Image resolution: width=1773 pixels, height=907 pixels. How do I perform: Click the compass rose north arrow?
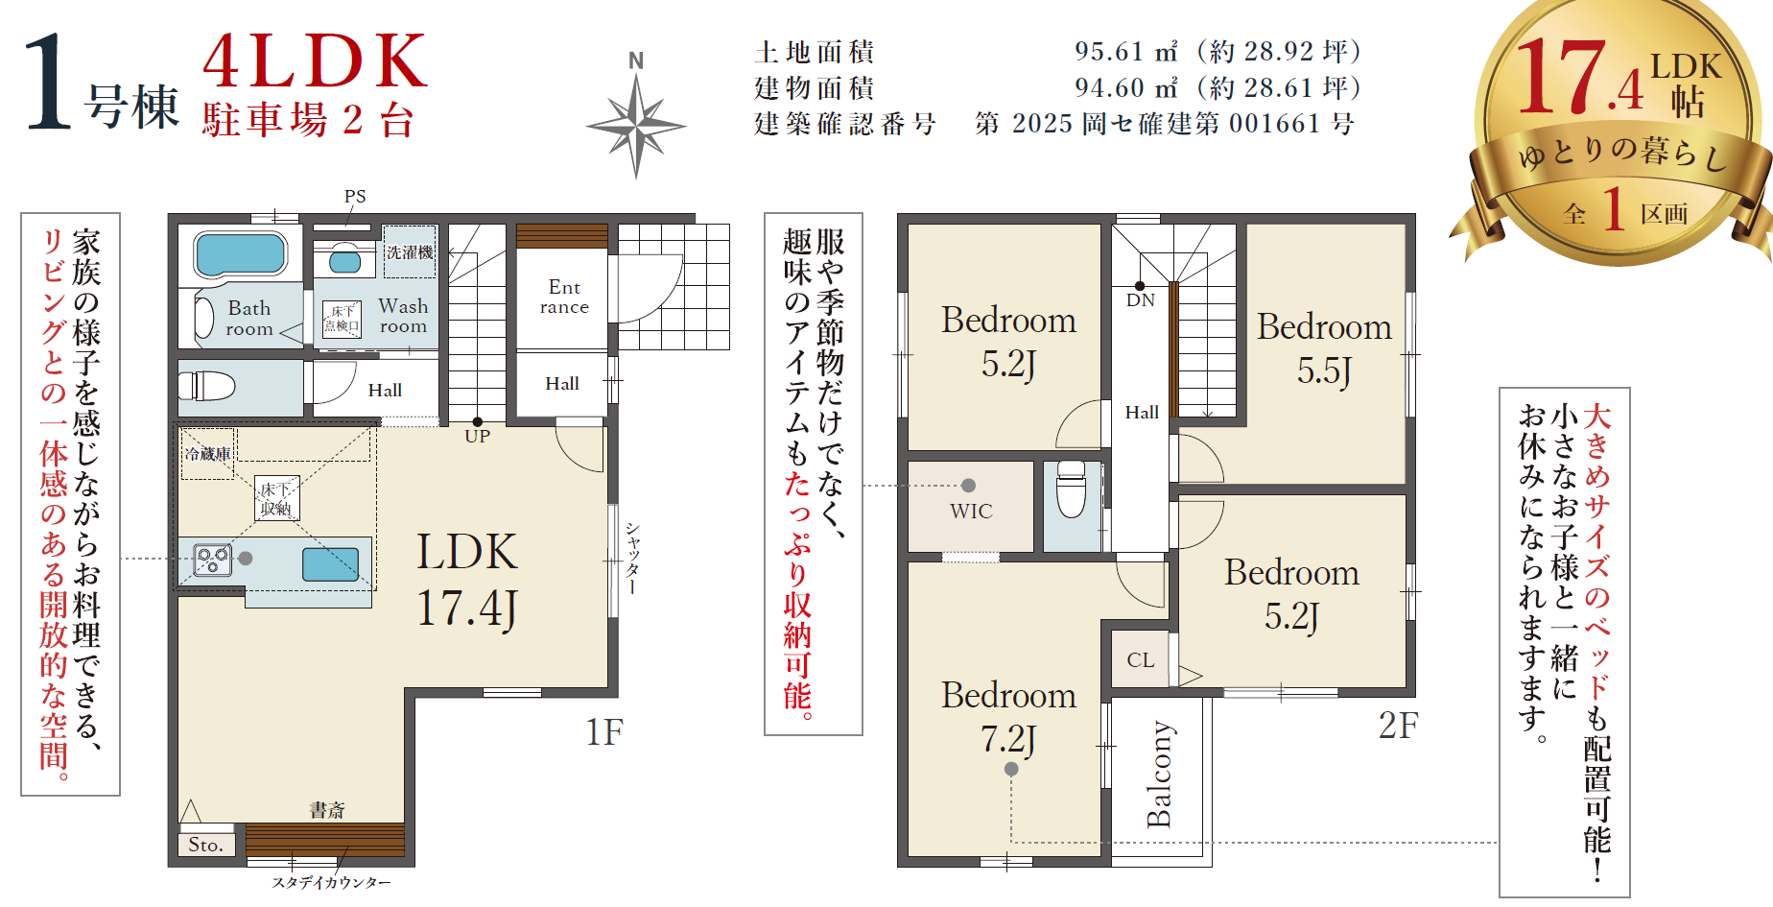tap(635, 115)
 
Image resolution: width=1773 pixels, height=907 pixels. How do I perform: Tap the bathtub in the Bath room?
tap(240, 255)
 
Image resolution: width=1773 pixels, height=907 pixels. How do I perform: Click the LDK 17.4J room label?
tap(467, 581)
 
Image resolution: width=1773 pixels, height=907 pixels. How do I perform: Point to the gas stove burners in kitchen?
tap(212, 560)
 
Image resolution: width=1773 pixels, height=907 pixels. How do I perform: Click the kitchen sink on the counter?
tap(331, 564)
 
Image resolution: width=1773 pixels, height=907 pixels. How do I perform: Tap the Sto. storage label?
tap(205, 845)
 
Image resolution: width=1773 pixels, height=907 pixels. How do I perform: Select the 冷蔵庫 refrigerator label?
tap(208, 454)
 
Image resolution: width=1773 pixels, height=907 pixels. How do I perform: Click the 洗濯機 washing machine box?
tap(410, 251)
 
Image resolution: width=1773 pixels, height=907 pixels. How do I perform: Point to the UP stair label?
tap(478, 436)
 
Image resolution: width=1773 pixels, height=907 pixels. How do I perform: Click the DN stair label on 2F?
tap(1140, 300)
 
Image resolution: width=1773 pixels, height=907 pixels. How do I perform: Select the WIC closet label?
tap(971, 512)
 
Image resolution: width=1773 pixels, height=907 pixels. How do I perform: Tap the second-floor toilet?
tap(1071, 489)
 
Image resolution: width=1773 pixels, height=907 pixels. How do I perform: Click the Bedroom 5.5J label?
tap(1324, 347)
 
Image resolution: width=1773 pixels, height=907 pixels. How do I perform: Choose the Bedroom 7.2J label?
tap(1008, 716)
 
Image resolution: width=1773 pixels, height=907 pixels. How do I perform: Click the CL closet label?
tap(1141, 660)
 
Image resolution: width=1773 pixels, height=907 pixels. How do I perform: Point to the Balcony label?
tap(1160, 774)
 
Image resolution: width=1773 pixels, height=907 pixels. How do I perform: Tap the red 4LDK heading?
tap(315, 61)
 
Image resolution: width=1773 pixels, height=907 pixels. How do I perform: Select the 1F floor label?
tap(604, 732)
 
